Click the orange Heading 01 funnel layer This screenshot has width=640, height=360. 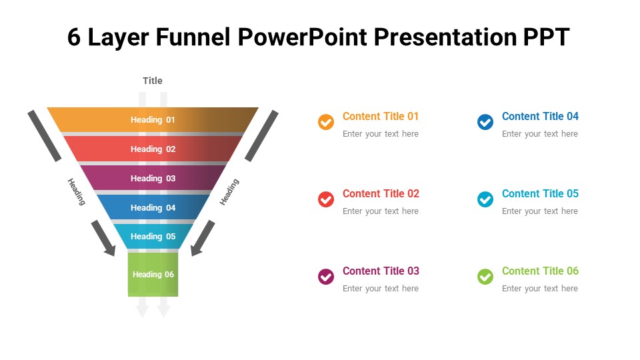(x=153, y=120)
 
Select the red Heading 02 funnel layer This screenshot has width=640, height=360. (x=153, y=149)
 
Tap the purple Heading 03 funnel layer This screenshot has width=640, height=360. (x=153, y=179)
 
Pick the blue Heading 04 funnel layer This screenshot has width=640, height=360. (x=153, y=208)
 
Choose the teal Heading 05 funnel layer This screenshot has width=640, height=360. (x=153, y=237)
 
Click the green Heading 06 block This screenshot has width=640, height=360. (x=153, y=274)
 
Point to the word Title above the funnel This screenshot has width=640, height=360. (x=153, y=81)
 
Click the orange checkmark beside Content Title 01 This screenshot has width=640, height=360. (x=326, y=122)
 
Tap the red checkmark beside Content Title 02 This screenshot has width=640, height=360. (x=326, y=199)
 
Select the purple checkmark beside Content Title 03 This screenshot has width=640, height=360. (x=326, y=277)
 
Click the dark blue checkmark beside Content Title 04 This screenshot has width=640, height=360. (x=485, y=122)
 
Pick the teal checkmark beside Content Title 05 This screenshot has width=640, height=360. (x=485, y=199)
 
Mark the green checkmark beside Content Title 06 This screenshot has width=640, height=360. (x=485, y=277)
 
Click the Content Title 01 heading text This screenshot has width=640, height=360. (x=381, y=117)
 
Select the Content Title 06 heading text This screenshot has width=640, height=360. (x=540, y=271)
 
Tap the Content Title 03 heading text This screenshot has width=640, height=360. (x=381, y=271)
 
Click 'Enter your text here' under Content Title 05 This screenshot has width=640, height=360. (x=540, y=211)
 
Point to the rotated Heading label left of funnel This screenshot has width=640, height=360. (x=77, y=191)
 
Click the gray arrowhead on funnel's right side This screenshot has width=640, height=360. (x=197, y=249)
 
